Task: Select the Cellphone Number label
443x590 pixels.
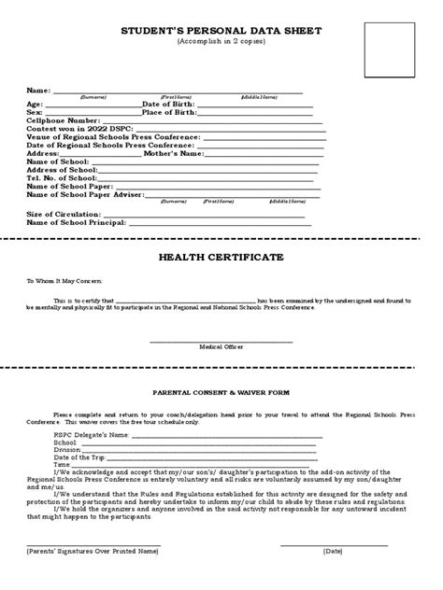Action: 64,120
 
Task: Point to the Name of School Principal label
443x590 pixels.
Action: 77,222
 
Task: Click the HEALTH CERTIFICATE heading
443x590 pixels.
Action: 221,257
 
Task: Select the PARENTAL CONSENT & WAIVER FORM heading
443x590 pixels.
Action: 221,393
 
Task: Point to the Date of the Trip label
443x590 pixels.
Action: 79,457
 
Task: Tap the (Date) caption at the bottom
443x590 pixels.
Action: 334,552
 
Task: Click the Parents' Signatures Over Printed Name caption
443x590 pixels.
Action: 93,552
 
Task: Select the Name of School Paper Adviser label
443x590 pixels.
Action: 84,195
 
